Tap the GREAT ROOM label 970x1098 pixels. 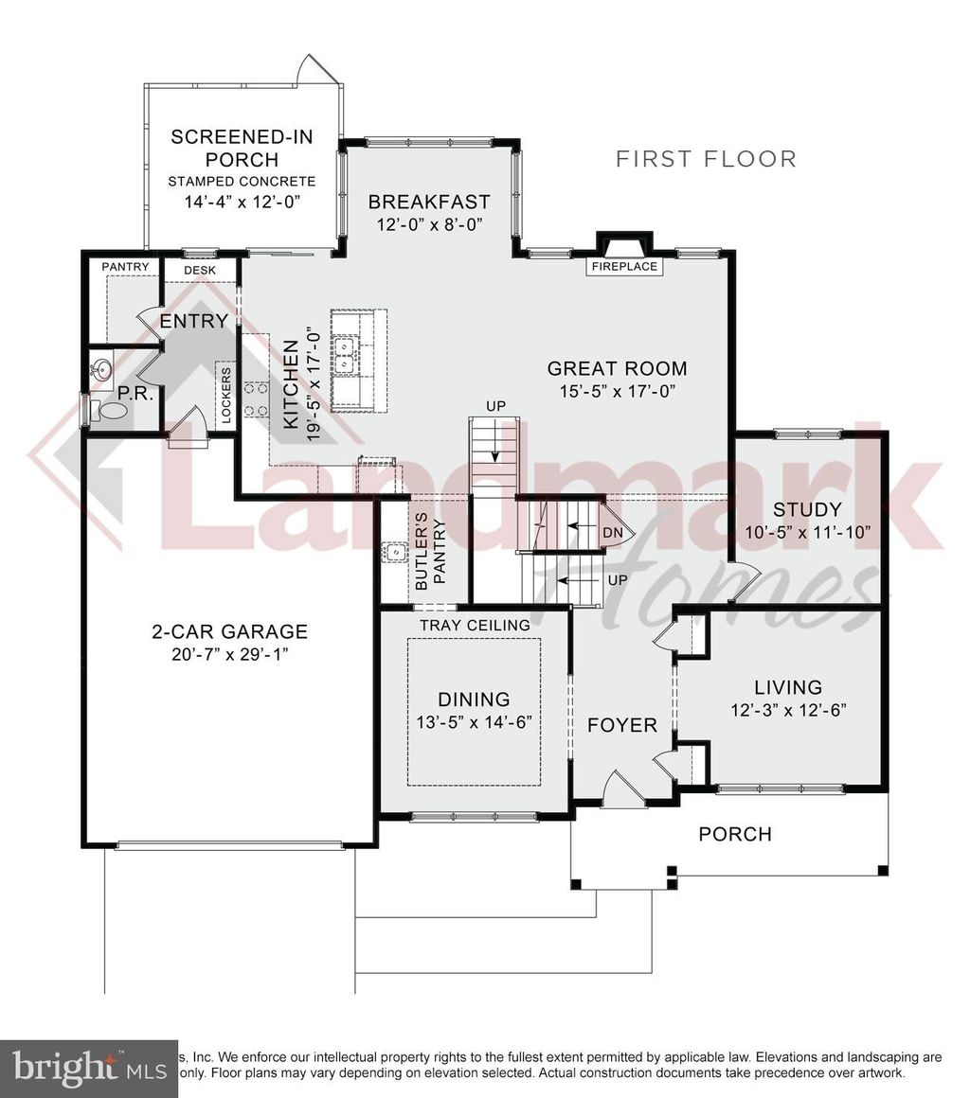(x=617, y=369)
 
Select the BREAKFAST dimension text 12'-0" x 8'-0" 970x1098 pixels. (x=429, y=224)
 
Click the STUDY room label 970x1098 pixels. (x=806, y=509)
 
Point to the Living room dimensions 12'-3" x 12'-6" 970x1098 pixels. (x=788, y=709)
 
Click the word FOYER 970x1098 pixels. (x=622, y=725)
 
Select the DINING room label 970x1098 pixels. (x=474, y=700)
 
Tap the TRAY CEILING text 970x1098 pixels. (x=475, y=625)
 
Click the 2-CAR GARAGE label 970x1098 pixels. (x=230, y=631)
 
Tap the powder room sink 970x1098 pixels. (x=101, y=367)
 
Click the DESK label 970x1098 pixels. (x=200, y=270)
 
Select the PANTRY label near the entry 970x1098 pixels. (x=125, y=268)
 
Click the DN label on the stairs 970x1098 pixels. (x=613, y=533)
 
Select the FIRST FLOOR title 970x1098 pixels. (x=706, y=158)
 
